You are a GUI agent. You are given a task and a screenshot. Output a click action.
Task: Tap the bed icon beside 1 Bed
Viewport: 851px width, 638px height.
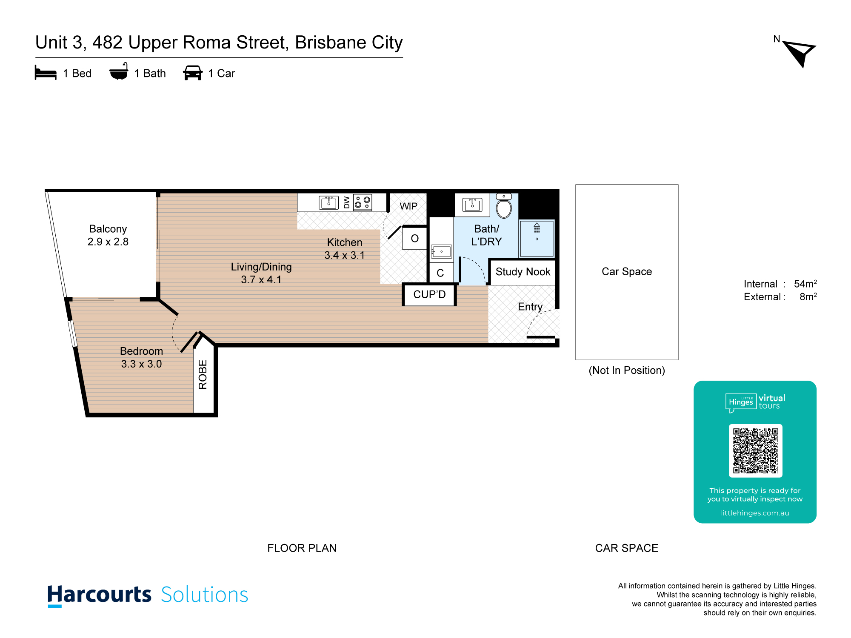[x=46, y=73]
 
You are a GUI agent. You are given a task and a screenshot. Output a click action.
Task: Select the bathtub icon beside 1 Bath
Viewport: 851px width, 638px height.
[x=119, y=71]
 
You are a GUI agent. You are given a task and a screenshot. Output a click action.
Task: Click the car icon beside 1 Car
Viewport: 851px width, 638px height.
[x=193, y=73]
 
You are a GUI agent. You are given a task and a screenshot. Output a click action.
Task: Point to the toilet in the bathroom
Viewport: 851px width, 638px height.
[x=504, y=206]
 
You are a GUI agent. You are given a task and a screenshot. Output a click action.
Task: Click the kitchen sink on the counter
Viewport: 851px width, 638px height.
[x=328, y=203]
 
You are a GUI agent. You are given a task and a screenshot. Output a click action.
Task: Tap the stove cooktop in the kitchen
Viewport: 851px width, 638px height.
[x=363, y=202]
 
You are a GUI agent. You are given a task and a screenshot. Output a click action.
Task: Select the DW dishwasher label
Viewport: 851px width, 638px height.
[x=346, y=202]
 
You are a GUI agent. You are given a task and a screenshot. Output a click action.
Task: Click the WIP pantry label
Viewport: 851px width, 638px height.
[x=408, y=206]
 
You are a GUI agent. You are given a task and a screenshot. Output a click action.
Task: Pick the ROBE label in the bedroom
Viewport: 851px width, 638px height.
[x=203, y=374]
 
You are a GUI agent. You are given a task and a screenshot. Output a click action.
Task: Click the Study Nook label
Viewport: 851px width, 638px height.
[x=523, y=272]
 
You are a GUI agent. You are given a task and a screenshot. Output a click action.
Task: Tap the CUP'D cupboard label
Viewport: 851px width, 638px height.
[x=430, y=294]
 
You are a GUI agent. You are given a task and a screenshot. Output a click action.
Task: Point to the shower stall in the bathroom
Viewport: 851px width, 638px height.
[x=537, y=238]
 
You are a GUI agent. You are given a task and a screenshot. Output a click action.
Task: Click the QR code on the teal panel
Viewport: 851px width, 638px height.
[x=756, y=451]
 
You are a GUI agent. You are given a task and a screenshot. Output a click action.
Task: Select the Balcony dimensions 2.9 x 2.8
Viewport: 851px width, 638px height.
[x=108, y=242]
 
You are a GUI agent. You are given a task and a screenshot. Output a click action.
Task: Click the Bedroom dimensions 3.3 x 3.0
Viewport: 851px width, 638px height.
[x=142, y=364]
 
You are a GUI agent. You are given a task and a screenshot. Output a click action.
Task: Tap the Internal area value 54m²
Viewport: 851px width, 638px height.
[x=805, y=284]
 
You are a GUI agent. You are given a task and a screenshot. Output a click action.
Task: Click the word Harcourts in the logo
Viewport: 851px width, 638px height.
[x=99, y=595]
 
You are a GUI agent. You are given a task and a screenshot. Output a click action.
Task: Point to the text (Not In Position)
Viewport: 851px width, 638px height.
[x=627, y=370]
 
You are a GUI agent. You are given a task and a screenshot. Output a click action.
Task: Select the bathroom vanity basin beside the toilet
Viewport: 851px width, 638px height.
[x=472, y=205]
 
